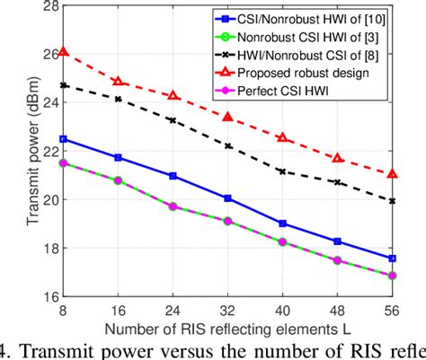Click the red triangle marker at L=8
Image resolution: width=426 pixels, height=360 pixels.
point(63,53)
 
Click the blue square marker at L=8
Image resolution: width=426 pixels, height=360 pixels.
point(63,139)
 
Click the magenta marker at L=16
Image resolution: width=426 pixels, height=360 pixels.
point(119,180)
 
